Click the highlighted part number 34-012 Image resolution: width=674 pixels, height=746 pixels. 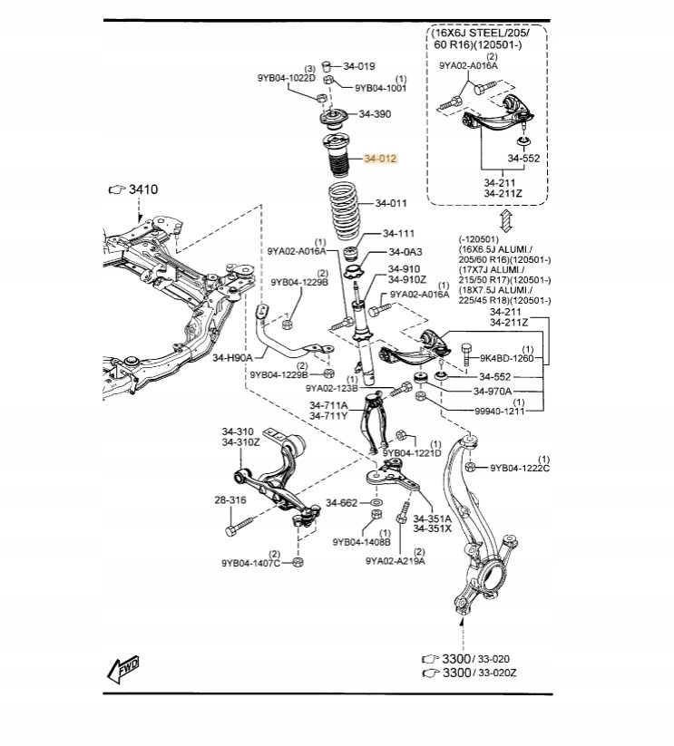click(380, 159)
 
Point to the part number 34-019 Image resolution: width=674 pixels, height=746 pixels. click(359, 66)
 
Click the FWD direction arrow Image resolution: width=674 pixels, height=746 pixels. click(122, 669)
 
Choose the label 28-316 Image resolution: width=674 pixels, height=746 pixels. click(230, 500)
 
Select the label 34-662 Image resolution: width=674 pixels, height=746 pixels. click(343, 502)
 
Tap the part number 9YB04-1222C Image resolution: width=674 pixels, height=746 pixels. click(520, 469)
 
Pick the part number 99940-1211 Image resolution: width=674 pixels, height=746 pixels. click(501, 412)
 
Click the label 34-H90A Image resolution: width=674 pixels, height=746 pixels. click(232, 358)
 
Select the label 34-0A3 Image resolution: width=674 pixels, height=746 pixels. click(405, 252)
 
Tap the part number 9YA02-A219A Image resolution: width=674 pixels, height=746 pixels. click(396, 560)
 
